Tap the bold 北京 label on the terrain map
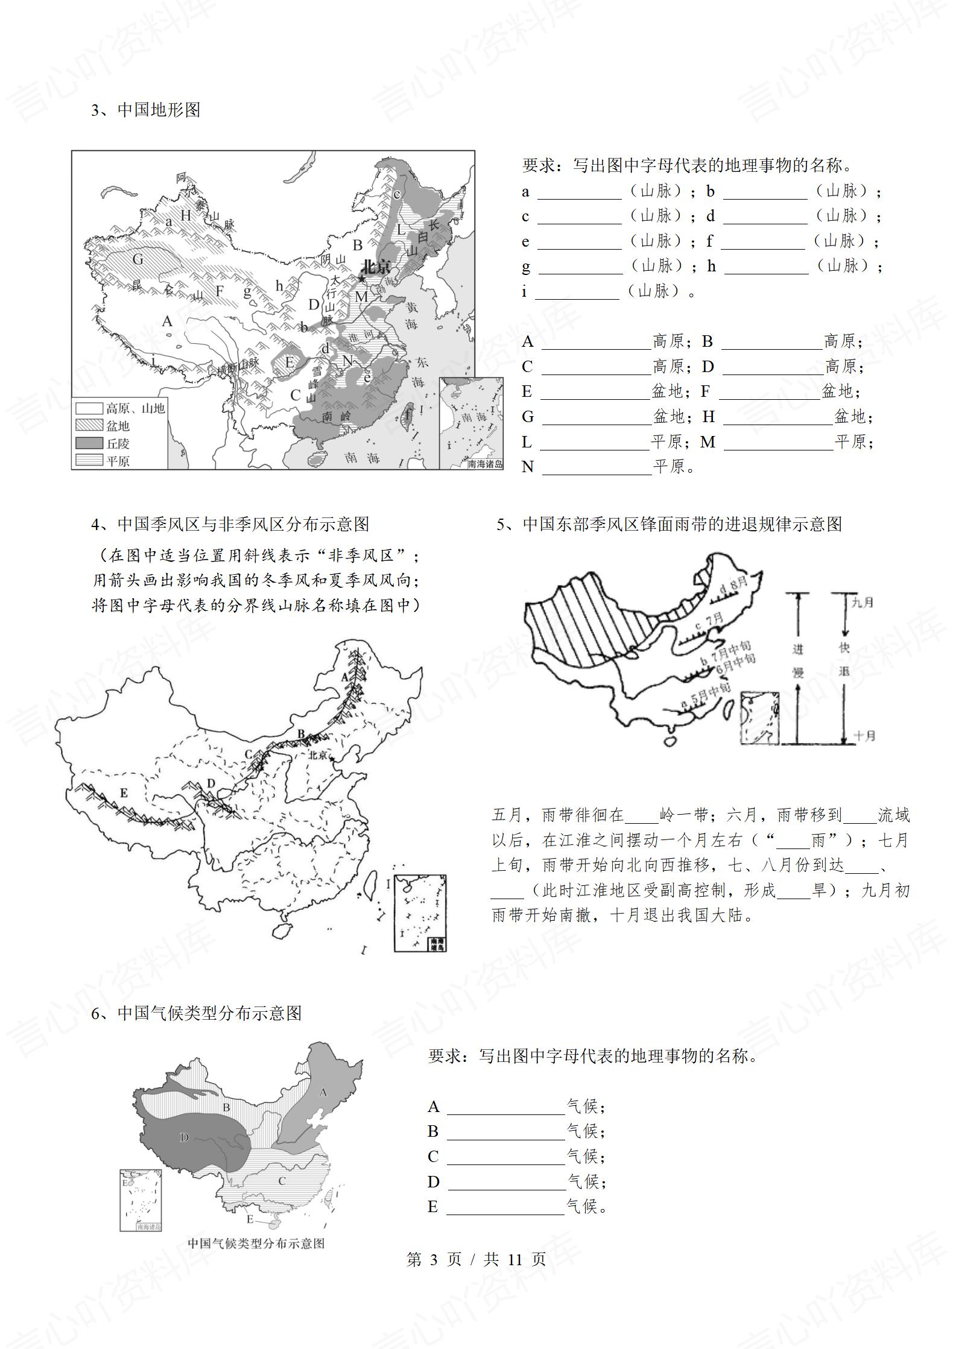point(375,267)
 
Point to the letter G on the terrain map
point(138,259)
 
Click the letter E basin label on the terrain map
point(290,362)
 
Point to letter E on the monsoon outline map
point(124,792)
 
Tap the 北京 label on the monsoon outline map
point(318,755)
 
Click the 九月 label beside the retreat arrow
point(863,602)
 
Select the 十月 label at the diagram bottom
point(864,736)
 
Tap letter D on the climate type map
point(184,1137)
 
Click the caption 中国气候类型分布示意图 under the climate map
point(256,1243)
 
